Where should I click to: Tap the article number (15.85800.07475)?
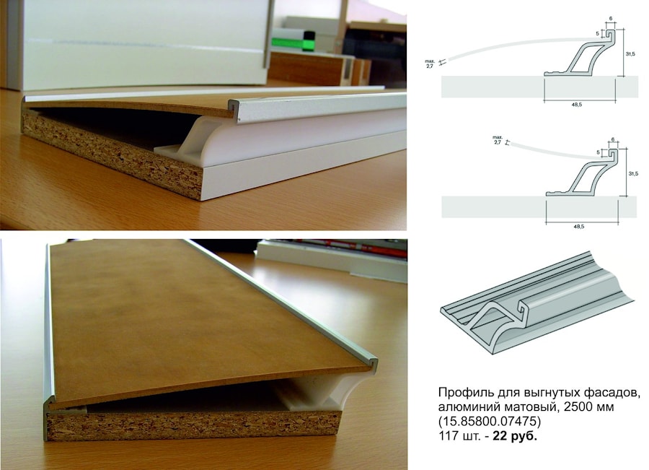[x=490, y=421]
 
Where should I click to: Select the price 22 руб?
[x=514, y=436]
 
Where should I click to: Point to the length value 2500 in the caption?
[x=570, y=406]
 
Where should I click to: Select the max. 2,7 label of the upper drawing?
[x=429, y=64]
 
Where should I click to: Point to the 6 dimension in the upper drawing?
[x=611, y=19]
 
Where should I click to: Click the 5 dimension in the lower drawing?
[x=598, y=152]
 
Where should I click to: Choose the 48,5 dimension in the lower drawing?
[x=580, y=227]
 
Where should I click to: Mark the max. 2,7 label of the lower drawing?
[x=497, y=139]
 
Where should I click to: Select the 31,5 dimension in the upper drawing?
[x=630, y=54]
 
